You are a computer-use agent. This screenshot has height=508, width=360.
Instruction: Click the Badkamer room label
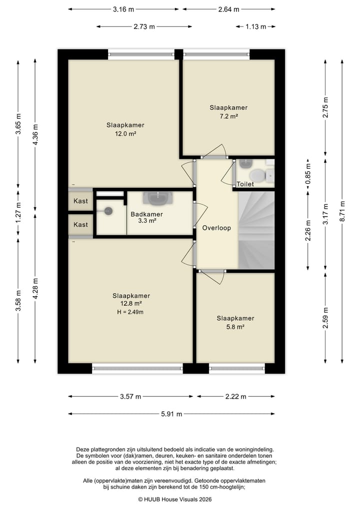146,214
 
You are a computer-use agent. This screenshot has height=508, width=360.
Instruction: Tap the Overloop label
216,228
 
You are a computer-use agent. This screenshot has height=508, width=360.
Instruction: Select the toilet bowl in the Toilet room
258,175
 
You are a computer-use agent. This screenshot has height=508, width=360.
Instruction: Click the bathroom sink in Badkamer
158,198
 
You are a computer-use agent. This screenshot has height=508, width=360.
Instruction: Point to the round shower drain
108,211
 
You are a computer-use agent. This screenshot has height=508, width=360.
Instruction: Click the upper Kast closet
80,201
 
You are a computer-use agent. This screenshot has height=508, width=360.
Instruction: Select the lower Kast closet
80,224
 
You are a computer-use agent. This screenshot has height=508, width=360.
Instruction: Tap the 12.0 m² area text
125,133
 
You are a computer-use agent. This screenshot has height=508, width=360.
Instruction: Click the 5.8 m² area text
235,327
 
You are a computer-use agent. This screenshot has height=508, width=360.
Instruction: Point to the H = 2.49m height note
130,312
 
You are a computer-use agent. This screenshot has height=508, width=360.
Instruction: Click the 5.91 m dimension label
171,414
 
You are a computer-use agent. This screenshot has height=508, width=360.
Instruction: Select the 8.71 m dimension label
342,211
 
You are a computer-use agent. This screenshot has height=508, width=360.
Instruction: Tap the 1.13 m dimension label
255,26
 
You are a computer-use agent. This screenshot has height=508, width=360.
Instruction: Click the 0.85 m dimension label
308,174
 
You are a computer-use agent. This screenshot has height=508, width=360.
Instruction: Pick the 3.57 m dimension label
130,397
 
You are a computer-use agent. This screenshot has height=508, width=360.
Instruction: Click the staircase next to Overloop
256,230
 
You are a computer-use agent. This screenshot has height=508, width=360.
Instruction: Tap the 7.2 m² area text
228,116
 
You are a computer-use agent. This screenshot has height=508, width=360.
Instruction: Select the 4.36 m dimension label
35,135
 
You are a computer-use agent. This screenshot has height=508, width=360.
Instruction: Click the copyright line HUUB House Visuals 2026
175,499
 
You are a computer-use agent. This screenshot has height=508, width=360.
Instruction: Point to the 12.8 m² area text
131,304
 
